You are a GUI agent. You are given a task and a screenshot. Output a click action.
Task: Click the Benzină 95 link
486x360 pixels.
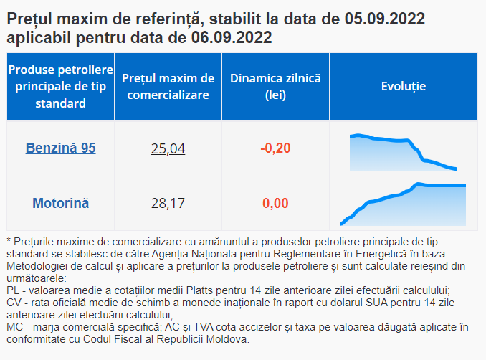[60, 148]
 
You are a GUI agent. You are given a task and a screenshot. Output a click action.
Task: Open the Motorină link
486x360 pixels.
[60, 204]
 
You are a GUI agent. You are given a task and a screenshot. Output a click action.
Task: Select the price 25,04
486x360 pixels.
[168, 148]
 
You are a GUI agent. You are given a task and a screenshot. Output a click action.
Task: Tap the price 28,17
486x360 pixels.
[168, 204]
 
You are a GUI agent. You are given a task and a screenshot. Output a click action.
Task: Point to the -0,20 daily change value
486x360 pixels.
[275, 148]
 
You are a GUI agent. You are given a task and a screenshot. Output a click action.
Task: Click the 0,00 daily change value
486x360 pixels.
[275, 204]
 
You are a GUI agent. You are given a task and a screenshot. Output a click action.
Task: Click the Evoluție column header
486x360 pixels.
[404, 86]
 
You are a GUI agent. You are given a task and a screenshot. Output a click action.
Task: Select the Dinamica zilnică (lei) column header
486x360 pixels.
[275, 87]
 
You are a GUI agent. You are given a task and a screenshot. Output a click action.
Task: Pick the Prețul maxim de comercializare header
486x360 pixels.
[168, 87]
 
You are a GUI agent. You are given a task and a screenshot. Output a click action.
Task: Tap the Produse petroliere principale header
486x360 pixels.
[60, 87]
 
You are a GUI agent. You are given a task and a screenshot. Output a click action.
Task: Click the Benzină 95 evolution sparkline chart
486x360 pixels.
[404, 152]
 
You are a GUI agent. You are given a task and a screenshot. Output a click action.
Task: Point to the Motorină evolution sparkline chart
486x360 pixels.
[403, 204]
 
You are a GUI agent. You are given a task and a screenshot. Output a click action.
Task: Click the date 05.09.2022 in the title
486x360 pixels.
[384, 19]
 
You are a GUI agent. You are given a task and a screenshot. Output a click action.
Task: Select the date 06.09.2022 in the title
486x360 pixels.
[232, 37]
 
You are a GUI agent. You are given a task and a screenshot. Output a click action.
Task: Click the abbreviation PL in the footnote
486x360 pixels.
[13, 290]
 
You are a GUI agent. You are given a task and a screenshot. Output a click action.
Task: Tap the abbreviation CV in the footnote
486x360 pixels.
[14, 303]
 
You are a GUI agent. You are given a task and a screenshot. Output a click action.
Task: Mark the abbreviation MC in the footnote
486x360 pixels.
[14, 327]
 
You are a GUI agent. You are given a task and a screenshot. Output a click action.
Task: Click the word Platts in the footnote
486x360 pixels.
[199, 290]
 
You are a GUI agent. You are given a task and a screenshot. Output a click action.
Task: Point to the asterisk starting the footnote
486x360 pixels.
[9, 240]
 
